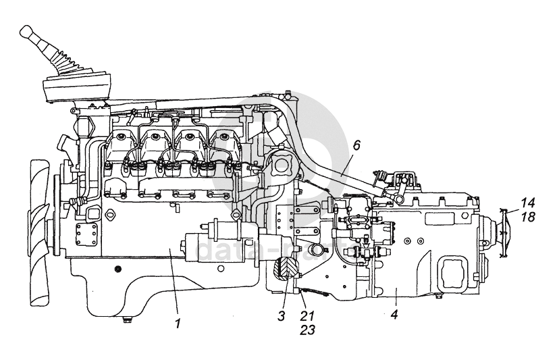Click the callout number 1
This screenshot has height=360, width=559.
[x=178, y=324]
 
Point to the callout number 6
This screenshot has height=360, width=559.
[x=356, y=145]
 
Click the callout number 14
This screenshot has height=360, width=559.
[x=527, y=202]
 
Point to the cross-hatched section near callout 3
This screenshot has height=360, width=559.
[x=286, y=269]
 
